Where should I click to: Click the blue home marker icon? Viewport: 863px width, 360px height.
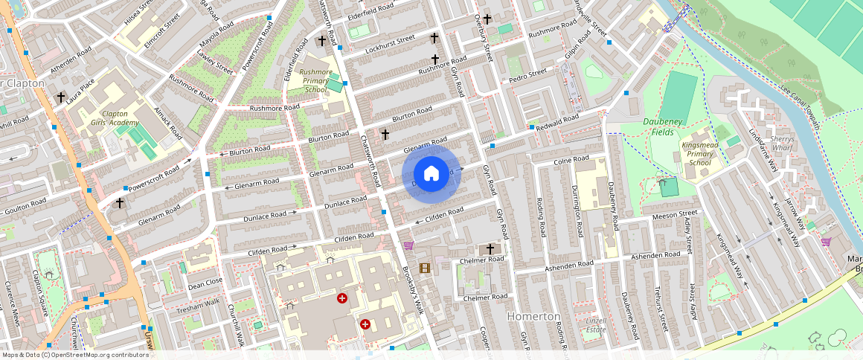431,174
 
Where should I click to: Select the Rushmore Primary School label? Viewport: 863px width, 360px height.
316,80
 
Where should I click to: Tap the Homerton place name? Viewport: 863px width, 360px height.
533,316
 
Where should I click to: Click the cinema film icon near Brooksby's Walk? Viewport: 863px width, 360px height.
424,269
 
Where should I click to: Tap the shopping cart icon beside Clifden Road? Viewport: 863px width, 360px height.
408,245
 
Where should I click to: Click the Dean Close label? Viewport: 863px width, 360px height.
205,283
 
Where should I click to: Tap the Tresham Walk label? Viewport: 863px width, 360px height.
197,304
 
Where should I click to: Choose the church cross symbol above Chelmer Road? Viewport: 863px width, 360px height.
490,248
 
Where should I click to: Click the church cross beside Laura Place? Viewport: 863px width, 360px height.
61,97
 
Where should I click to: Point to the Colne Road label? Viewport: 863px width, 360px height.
571,160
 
